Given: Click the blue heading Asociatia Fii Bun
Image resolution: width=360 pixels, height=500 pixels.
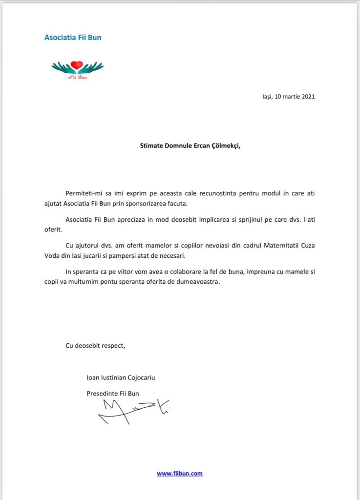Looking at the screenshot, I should point(73,37).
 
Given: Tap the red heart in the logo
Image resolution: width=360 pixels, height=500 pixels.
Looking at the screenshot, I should point(77,65).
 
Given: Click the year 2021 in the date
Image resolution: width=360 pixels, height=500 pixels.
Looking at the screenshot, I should point(308,97).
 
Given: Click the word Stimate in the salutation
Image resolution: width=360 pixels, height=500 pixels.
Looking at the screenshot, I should point(152,145).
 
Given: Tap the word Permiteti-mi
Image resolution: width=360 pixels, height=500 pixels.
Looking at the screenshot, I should point(84,194).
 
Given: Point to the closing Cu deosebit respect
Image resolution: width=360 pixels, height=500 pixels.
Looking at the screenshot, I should point(95,345).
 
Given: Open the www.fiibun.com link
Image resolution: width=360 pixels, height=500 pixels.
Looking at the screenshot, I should point(179,473).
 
